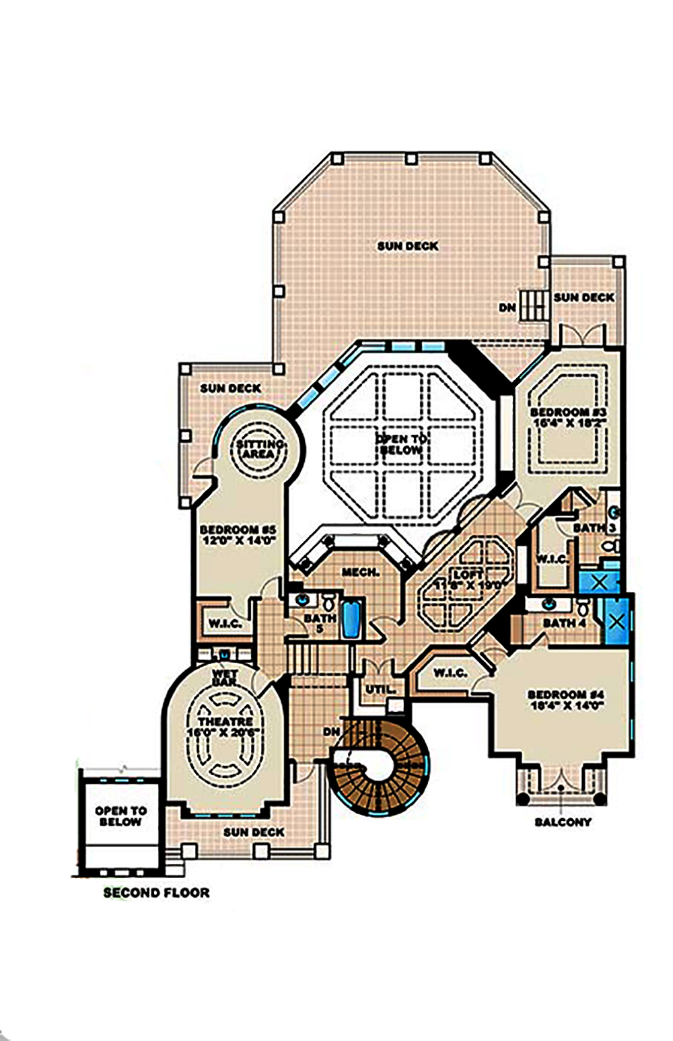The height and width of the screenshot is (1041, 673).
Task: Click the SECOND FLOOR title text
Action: (156, 893)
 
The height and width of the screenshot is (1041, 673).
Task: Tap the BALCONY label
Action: (563, 822)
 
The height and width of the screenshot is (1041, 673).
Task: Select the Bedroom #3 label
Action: (569, 417)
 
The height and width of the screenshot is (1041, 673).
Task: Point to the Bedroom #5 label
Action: (238, 535)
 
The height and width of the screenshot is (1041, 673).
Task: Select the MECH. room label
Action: (360, 572)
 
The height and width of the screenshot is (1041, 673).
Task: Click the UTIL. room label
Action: (380, 689)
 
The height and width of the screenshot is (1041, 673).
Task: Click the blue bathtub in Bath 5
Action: (351, 620)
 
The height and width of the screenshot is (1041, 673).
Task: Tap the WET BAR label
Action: (224, 677)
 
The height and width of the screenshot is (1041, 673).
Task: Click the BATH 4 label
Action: (564, 623)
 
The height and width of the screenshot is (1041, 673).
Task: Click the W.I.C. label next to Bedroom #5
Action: (224, 624)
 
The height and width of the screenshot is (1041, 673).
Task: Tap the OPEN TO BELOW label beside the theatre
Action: (120, 816)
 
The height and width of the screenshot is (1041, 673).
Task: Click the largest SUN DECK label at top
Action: (407, 246)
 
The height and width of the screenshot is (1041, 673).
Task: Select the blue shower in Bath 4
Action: (616, 620)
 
